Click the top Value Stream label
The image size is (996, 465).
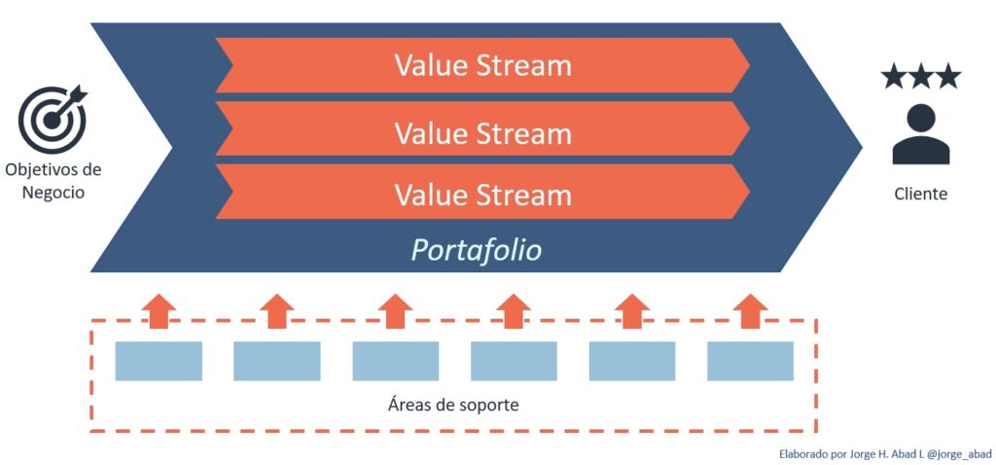pos(482,66)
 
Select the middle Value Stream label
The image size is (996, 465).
pos(482,131)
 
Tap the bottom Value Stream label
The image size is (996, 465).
pos(482,195)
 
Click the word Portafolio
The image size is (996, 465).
pos(476,250)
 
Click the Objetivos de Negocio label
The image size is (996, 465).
pos(53,181)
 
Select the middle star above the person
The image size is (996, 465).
pos(920,77)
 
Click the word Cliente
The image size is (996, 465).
pos(920,194)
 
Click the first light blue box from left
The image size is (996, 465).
pos(159,361)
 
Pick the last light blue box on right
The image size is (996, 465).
pos(750,361)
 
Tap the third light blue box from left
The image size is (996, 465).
pos(395,361)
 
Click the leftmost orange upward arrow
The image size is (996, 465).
pos(160,311)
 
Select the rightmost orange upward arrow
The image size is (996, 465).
pos(750,311)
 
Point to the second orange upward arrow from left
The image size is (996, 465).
pos(277,311)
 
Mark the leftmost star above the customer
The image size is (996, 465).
pos(893,77)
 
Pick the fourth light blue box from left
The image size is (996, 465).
pos(514,361)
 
